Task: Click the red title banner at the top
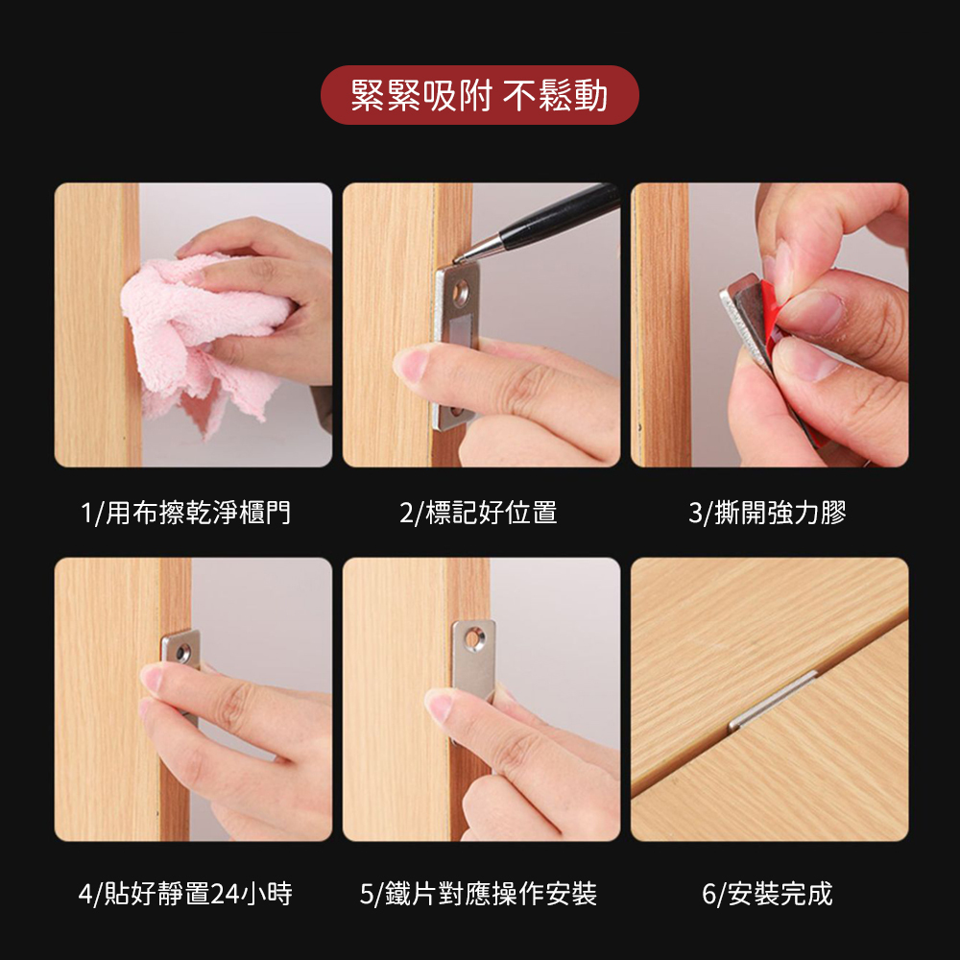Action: [479, 95]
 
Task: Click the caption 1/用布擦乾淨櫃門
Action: [185, 513]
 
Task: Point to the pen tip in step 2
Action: [456, 260]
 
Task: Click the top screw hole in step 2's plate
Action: [461, 294]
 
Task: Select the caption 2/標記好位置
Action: [478, 513]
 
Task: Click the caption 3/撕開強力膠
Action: [767, 513]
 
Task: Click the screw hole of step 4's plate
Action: [182, 653]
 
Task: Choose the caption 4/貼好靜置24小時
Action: [185, 894]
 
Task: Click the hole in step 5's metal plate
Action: [473, 639]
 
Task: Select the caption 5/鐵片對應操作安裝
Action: [478, 894]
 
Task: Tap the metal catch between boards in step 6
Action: [772, 701]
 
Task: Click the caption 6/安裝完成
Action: [767, 894]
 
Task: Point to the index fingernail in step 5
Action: [440, 706]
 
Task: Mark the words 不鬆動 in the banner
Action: [555, 95]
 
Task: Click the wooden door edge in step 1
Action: [132, 324]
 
